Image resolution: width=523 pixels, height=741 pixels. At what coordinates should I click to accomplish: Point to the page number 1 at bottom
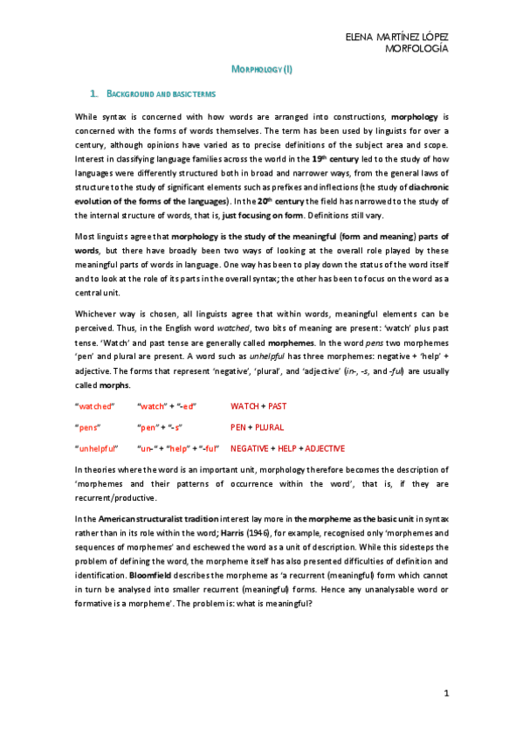click(445, 693)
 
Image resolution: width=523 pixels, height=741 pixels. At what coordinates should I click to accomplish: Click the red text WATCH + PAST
click(258, 406)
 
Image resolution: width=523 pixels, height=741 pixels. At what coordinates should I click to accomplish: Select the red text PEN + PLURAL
click(258, 427)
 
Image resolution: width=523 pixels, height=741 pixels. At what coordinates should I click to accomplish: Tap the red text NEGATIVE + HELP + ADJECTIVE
click(287, 448)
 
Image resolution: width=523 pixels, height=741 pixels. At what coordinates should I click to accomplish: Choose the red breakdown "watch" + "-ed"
click(168, 406)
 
